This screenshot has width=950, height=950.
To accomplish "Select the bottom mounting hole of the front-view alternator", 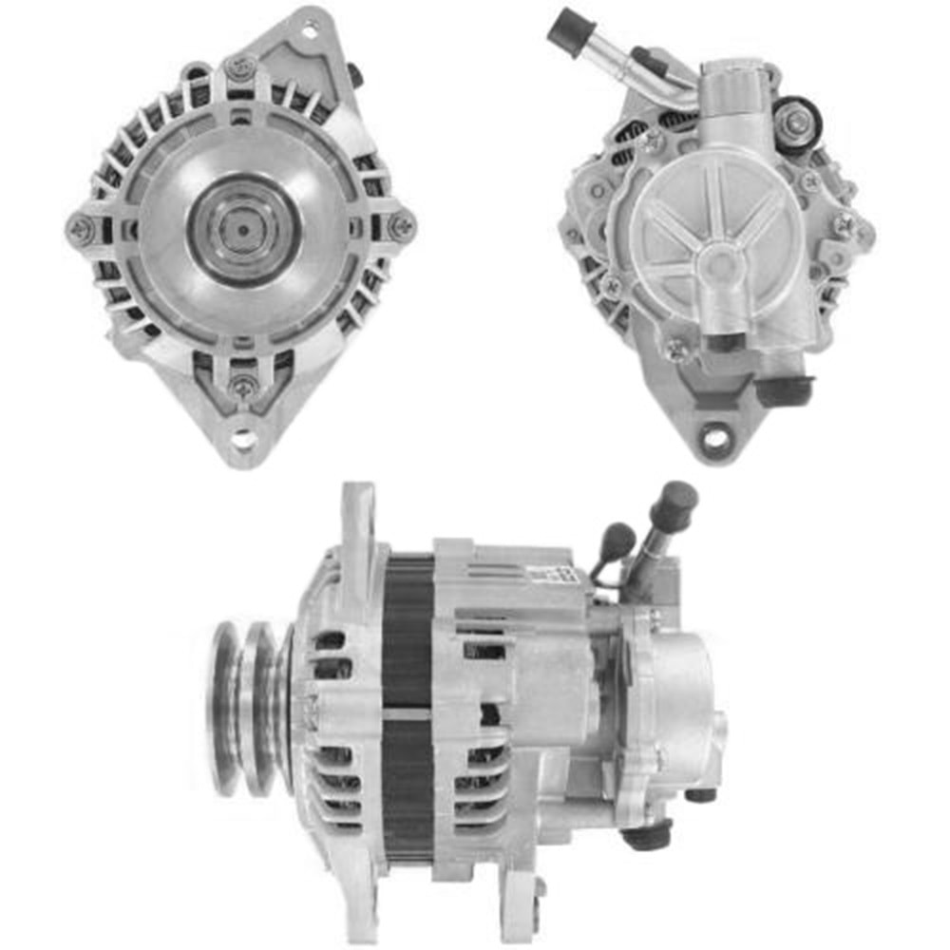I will (243, 438).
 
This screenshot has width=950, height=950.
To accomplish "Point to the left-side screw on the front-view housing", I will (80, 227).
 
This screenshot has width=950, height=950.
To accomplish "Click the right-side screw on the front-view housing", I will (403, 226).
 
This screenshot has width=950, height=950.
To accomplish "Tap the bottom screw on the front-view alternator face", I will (242, 387).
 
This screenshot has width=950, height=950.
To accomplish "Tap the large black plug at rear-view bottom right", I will (785, 388).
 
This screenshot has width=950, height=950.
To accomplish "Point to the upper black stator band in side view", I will (408, 627).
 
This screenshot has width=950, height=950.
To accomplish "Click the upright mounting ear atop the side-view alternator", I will (359, 532).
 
